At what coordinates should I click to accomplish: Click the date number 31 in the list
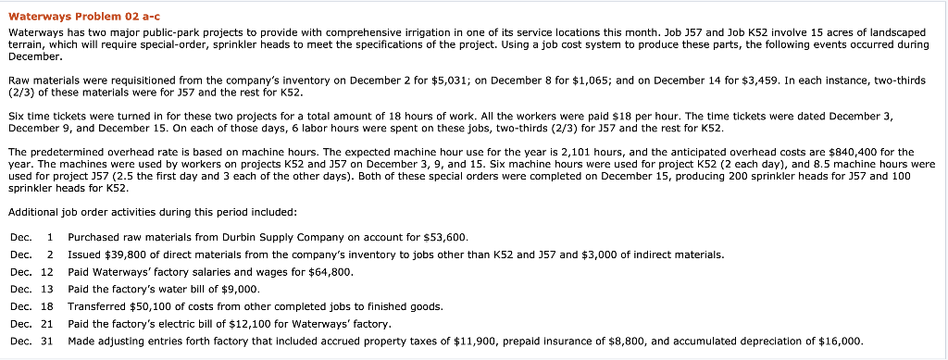47,341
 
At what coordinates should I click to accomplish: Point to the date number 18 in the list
47,306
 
